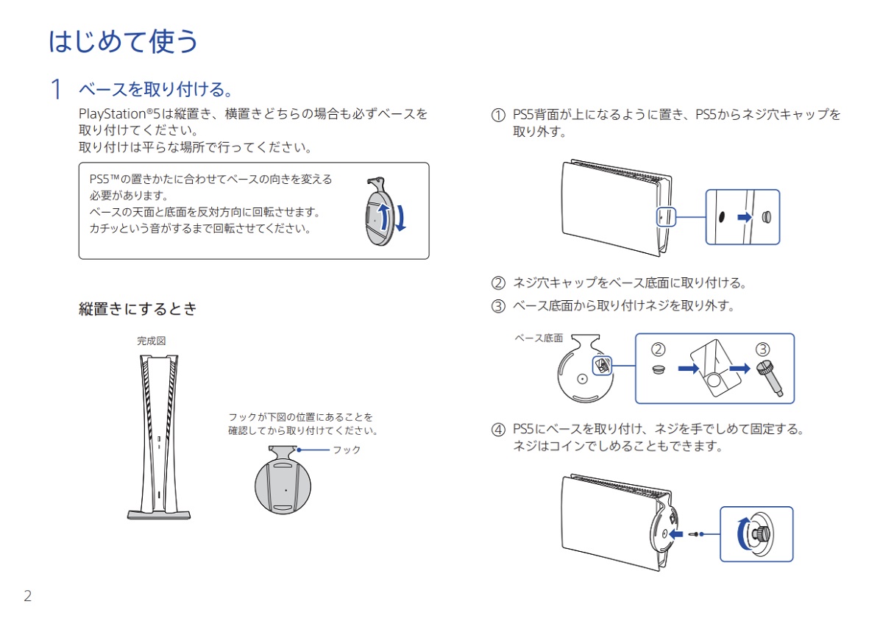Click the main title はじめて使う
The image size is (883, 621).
click(123, 41)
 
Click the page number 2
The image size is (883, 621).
click(28, 596)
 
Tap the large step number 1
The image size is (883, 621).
click(57, 89)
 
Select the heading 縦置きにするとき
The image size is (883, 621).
click(138, 309)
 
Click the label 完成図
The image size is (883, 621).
click(152, 341)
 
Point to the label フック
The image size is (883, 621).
click(347, 450)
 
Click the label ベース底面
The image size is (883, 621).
click(539, 338)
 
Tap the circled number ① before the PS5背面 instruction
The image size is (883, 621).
click(498, 115)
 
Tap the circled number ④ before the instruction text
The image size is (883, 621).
click(498, 430)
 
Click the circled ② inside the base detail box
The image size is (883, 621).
click(658, 349)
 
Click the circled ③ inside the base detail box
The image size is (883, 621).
click(763, 349)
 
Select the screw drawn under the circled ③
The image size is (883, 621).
click(770, 378)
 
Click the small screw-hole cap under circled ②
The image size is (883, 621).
click(659, 370)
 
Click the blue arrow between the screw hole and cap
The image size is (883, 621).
click(745, 217)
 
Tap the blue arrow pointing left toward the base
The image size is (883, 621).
click(676, 534)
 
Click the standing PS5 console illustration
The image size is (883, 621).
click(159, 437)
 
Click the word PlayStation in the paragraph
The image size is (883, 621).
click(113, 114)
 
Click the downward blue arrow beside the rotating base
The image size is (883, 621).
click(401, 218)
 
